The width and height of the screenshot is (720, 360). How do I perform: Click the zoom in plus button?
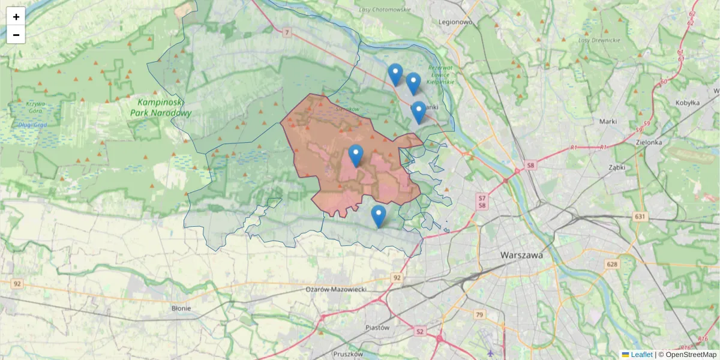pyautogui.click(x=16, y=17)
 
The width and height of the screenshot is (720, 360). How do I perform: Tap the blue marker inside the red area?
pyautogui.click(x=356, y=156)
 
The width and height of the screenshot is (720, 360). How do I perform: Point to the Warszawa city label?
pyautogui.click(x=521, y=255)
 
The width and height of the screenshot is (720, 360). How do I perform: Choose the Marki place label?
pyautogui.click(x=608, y=121)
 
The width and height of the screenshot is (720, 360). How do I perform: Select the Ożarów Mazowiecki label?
pyautogui.click(x=336, y=289)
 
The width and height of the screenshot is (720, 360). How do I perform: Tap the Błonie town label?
pyautogui.click(x=181, y=308)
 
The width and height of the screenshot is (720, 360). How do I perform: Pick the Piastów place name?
pyautogui.click(x=377, y=328)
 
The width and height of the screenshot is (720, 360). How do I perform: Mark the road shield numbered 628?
pyautogui.click(x=611, y=264)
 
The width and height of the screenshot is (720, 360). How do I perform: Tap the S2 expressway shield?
pyautogui.click(x=419, y=331)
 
